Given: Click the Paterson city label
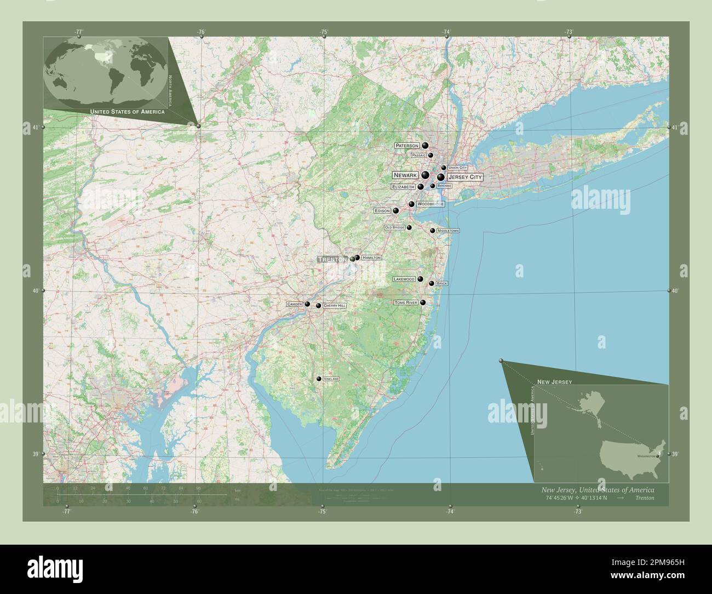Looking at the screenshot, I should (x=407, y=146).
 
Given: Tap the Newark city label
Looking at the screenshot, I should (x=405, y=175).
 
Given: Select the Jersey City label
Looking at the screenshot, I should (x=464, y=177).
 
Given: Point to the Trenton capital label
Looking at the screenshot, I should (x=332, y=259).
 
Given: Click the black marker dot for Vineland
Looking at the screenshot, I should (x=319, y=379).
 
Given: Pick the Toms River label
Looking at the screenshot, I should (x=406, y=302).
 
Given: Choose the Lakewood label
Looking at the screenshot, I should (x=404, y=279).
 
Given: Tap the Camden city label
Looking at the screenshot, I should (x=294, y=304).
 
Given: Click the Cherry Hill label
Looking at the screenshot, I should (x=335, y=306).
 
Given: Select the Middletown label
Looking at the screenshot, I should (x=448, y=231).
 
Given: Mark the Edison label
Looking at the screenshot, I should (x=382, y=211).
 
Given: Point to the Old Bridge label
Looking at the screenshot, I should (x=394, y=227).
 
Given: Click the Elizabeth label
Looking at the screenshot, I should (x=403, y=187).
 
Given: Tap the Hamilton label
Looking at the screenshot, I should (x=371, y=258).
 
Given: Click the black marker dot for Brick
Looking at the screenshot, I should (x=432, y=283).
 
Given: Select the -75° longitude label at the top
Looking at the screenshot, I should (x=324, y=32).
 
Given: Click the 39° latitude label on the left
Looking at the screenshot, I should (x=35, y=454).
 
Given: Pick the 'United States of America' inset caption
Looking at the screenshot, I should (x=127, y=111).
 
